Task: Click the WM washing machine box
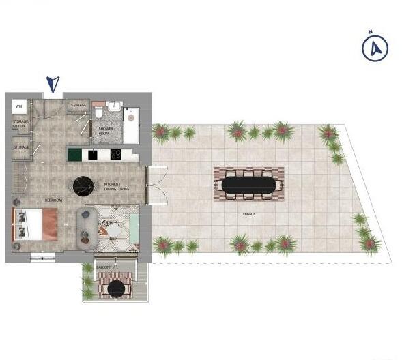[19, 106]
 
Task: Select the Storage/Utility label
[20, 123]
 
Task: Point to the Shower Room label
[106, 130]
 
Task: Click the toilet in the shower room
[100, 109]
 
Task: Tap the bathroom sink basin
[113, 106]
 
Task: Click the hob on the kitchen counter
[115, 155]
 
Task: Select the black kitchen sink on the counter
[92, 155]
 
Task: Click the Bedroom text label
[53, 200]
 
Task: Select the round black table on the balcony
[117, 288]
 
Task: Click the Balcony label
[104, 267]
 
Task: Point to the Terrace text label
[248, 214]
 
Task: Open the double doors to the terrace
[155, 185]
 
